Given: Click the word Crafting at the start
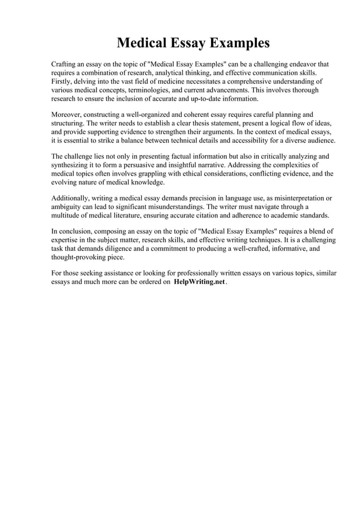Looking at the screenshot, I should (65, 64).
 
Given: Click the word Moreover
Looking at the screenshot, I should (67, 115).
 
